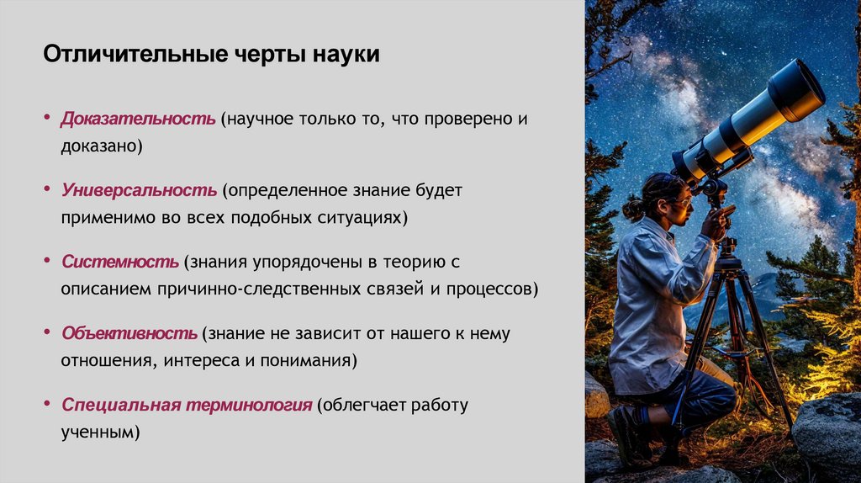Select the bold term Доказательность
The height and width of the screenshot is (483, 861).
point(138,119)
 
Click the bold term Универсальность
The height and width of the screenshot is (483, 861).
point(139,190)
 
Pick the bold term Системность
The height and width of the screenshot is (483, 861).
point(119,262)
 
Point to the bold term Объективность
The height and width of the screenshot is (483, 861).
point(129,333)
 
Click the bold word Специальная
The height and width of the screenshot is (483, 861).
point(122,405)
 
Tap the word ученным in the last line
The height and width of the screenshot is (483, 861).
point(98,433)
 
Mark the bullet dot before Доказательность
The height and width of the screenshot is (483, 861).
point(47,118)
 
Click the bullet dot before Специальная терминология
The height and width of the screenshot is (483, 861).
point(47,404)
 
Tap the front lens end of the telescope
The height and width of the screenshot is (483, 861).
point(798,88)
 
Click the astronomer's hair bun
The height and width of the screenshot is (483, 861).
point(633,208)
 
